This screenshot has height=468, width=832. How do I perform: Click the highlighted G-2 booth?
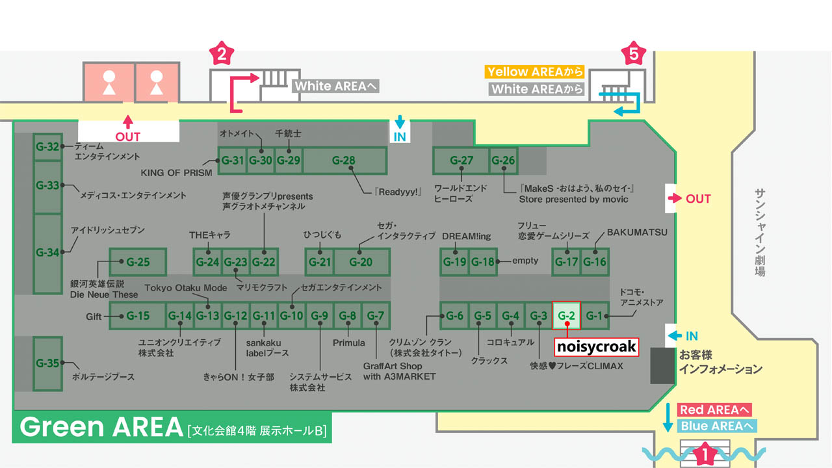(566, 316)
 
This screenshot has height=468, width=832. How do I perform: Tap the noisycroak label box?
(596, 347)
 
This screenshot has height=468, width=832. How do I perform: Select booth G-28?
(344, 161)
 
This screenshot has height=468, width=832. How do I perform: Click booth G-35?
(47, 363)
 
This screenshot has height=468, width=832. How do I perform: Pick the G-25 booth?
(138, 263)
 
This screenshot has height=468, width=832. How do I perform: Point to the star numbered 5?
(633, 55)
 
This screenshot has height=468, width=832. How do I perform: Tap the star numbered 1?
(702, 454)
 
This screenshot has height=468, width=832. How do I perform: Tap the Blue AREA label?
(717, 426)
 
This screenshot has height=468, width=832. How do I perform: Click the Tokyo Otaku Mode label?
(186, 288)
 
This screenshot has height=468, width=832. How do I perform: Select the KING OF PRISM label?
(177, 174)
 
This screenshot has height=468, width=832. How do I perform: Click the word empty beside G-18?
(525, 261)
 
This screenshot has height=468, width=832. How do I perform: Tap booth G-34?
(47, 253)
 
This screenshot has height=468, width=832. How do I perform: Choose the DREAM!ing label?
(466, 236)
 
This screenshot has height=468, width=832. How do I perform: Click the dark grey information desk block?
(663, 365)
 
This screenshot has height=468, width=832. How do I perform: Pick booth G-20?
(361, 262)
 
